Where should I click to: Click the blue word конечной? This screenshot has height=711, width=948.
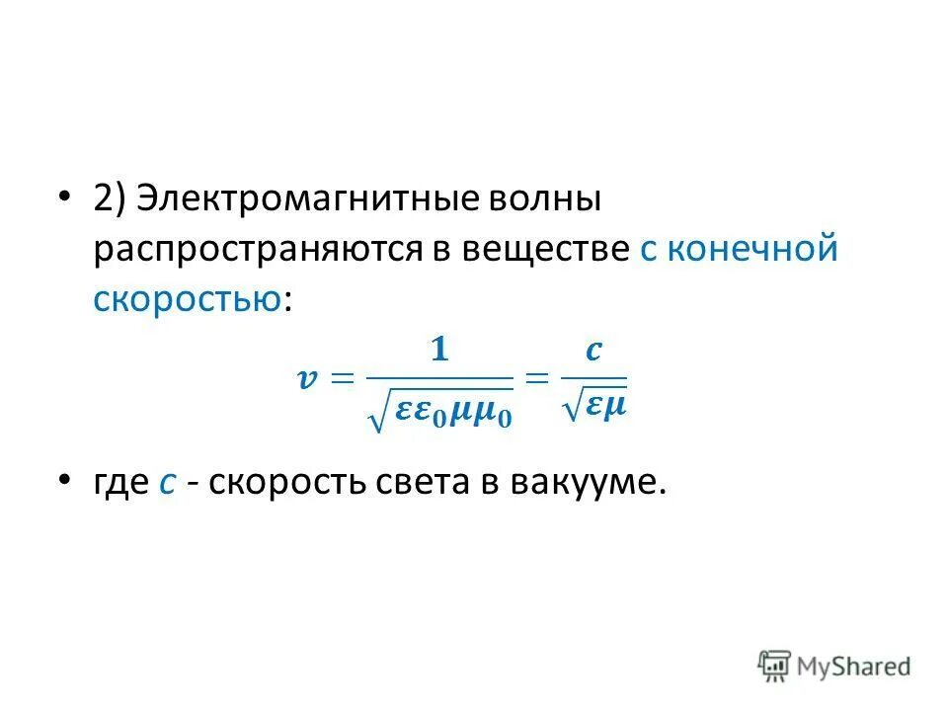click(x=751, y=248)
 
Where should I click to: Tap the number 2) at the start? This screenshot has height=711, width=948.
click(x=109, y=197)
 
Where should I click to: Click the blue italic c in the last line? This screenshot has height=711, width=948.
click(x=167, y=482)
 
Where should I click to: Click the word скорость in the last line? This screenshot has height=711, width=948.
click(x=287, y=482)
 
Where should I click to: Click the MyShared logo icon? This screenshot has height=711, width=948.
click(x=775, y=665)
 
